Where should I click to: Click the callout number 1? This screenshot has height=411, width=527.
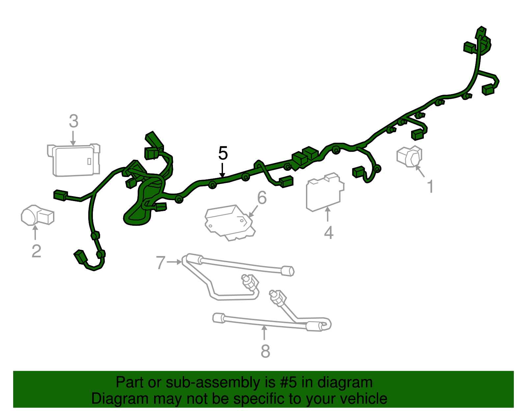430,187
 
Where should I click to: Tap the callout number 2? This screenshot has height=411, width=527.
36,251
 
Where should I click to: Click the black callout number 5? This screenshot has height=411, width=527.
223,153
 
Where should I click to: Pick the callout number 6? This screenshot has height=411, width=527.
262,197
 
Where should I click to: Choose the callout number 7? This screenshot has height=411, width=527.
160,263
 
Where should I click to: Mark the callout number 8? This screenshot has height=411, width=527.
265,351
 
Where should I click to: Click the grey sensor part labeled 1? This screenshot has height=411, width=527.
410,156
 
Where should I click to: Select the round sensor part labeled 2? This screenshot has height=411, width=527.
37,215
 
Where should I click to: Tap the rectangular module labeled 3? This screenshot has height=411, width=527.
74,160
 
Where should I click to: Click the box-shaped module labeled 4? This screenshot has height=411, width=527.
325,192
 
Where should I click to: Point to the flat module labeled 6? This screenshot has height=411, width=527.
230,223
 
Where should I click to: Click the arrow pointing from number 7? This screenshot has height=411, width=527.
174,262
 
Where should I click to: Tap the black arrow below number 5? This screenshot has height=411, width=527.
222,170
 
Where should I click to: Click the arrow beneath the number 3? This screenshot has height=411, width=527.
73,138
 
